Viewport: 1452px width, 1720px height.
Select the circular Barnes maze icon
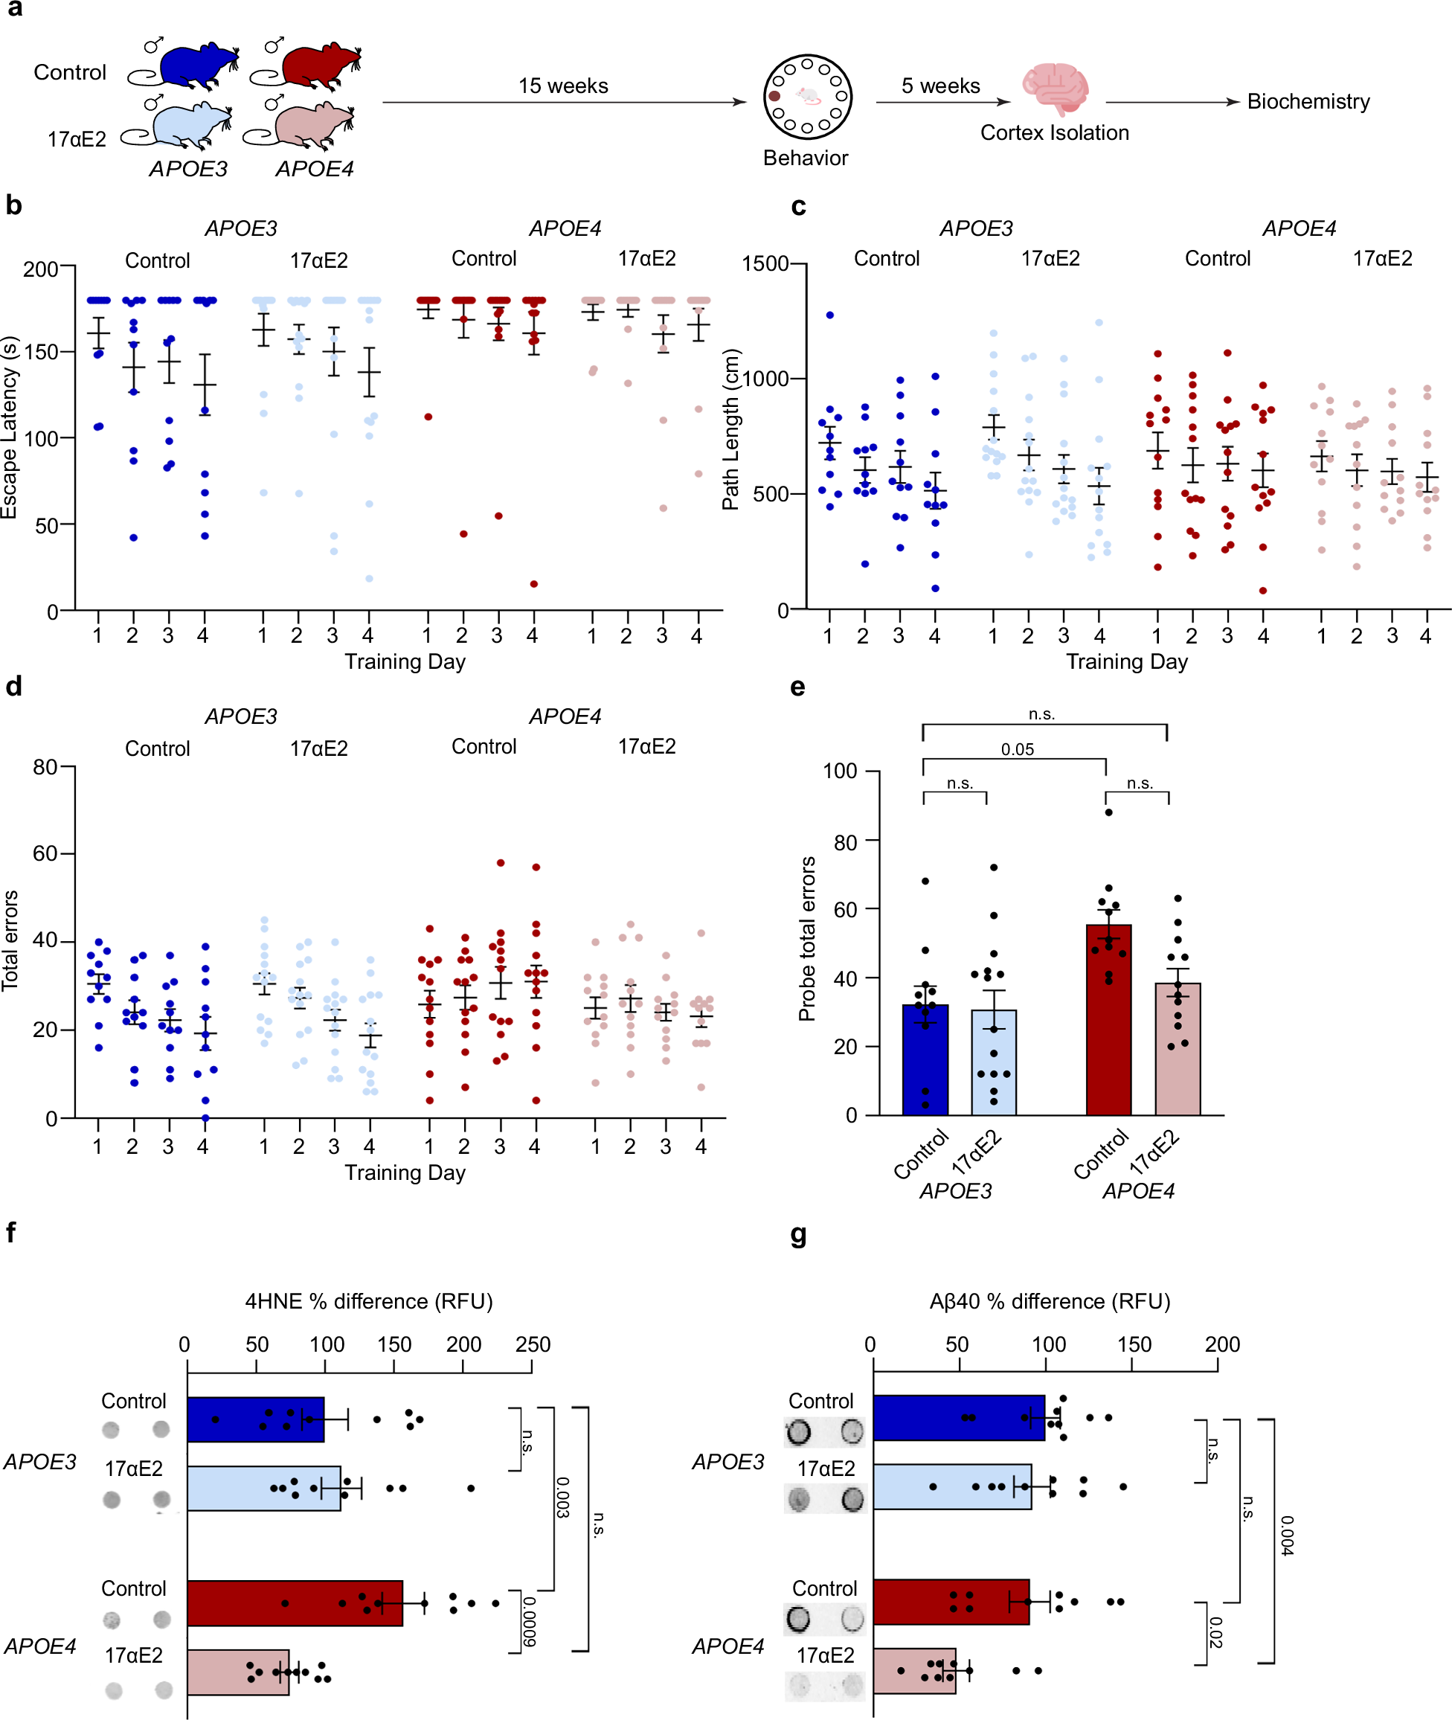click(806, 97)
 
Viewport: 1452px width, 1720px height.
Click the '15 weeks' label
click(563, 86)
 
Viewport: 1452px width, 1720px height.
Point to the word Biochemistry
click(1308, 101)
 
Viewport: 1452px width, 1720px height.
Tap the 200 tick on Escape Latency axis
click(41, 269)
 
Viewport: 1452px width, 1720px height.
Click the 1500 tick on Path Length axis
click(765, 263)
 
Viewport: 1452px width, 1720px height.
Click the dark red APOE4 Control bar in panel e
click(1108, 1021)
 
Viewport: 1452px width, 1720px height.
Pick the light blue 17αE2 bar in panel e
click(994, 1062)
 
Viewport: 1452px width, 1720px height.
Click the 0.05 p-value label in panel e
click(1018, 749)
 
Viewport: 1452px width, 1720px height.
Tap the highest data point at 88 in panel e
click(1109, 812)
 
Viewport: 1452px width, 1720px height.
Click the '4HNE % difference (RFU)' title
click(369, 1301)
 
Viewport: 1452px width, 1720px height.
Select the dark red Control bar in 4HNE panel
click(294, 1603)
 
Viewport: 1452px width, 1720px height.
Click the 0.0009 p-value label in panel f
click(530, 1621)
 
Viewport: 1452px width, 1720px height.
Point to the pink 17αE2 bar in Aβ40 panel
click(913, 1671)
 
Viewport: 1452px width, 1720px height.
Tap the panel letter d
click(14, 687)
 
